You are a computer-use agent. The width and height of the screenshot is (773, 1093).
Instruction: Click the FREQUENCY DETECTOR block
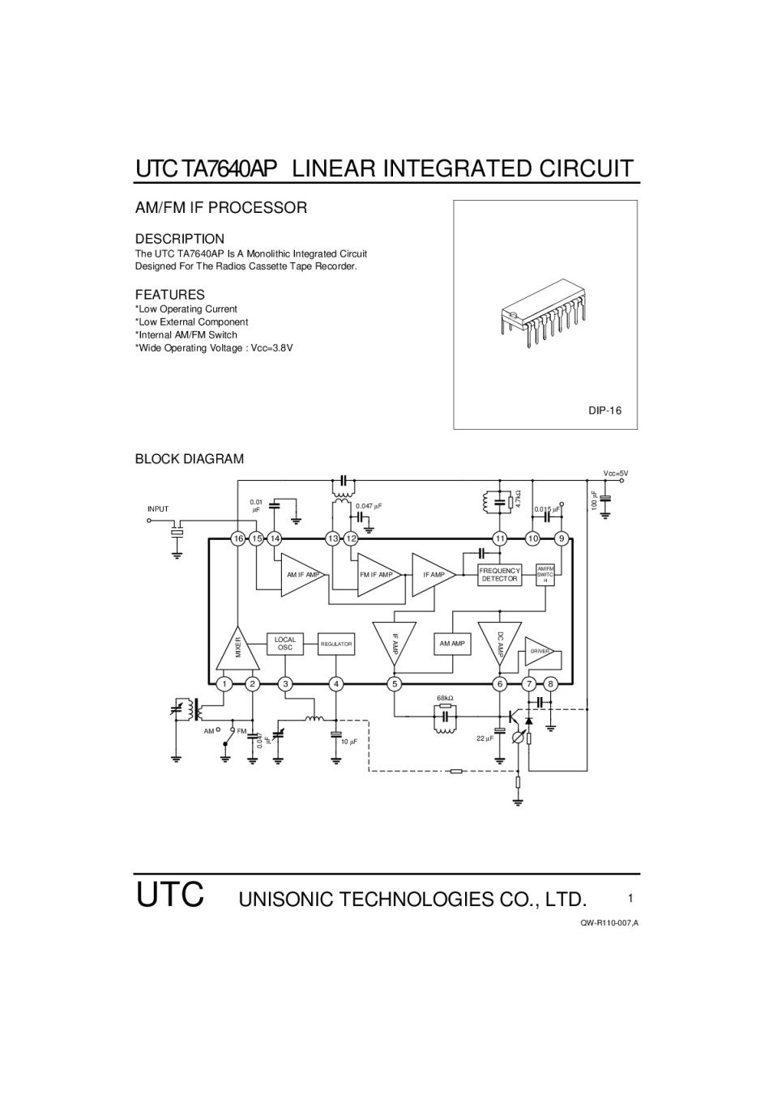click(499, 575)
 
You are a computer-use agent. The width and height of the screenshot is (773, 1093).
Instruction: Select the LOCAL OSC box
click(285, 644)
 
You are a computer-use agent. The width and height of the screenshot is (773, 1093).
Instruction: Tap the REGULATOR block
click(336, 644)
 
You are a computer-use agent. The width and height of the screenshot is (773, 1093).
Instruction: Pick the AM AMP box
click(452, 644)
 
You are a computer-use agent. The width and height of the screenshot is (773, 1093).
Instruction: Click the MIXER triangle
click(238, 651)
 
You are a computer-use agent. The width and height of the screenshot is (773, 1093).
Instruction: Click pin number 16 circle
click(238, 538)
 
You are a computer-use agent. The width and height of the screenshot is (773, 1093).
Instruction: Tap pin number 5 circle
click(395, 684)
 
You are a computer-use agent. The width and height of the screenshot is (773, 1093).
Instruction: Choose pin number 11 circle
click(500, 538)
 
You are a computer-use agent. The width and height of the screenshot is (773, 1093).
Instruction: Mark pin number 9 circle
click(561, 538)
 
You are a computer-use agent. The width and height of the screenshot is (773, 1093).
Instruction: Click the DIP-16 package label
click(604, 410)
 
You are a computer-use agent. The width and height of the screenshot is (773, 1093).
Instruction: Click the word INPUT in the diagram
click(158, 509)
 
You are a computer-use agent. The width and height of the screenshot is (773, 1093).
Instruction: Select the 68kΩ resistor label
click(445, 698)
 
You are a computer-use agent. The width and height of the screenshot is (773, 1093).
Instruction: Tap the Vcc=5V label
click(615, 473)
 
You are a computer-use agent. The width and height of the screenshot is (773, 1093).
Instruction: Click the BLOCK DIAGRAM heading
click(189, 459)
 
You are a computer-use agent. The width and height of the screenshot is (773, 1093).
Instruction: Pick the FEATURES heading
click(169, 295)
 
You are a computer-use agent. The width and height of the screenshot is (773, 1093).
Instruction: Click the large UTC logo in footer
click(169, 895)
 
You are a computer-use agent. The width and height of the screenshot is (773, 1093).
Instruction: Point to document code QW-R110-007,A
click(609, 924)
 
